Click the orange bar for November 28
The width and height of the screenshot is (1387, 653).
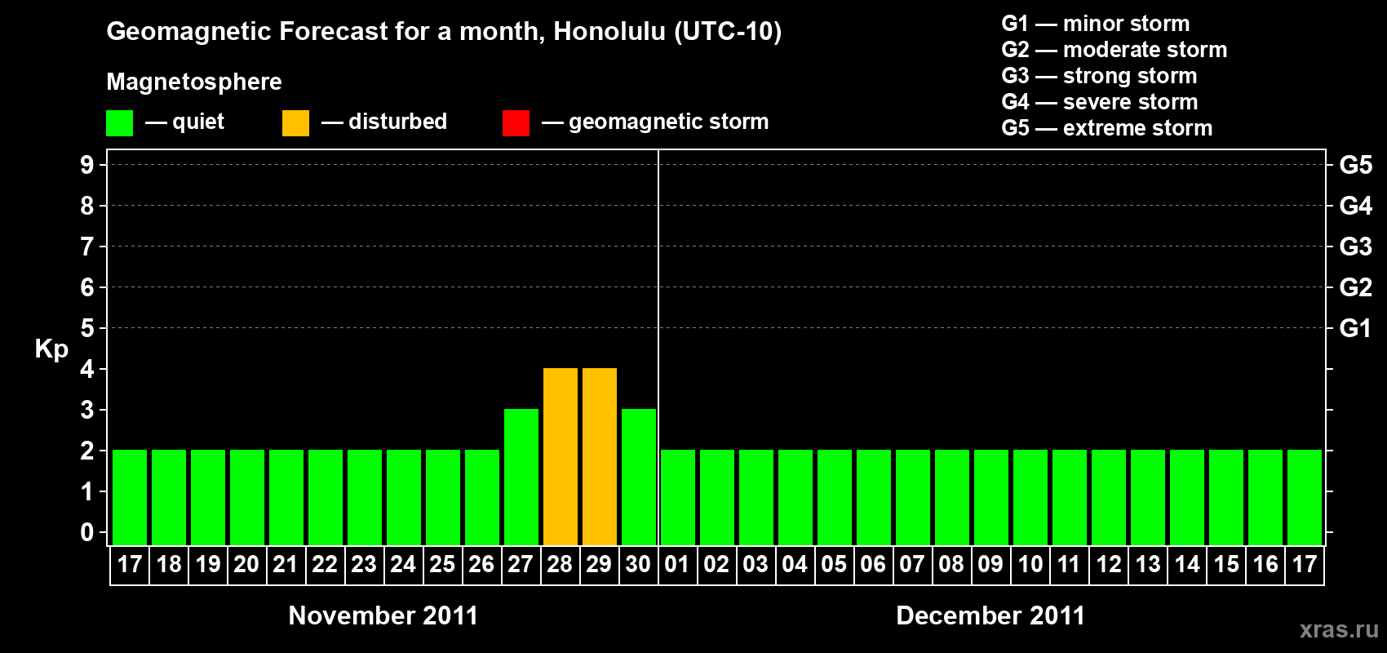point(561,456)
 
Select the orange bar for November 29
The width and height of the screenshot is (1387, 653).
point(600,456)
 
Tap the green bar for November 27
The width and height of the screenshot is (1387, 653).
point(521,477)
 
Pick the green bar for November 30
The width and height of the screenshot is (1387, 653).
point(638,477)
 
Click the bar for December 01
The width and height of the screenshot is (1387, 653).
point(678,497)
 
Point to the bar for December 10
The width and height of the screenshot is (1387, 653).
point(1030,497)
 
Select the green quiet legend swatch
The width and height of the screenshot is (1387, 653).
point(119,122)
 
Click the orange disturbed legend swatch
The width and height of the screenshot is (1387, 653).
point(295,122)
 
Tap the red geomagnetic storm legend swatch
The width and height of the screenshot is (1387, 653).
point(516,122)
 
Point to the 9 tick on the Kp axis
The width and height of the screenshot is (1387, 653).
point(86,165)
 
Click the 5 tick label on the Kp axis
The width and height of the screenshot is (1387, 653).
point(86,328)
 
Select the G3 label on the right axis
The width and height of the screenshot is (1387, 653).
point(1355,247)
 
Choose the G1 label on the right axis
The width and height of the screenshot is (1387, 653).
point(1355,328)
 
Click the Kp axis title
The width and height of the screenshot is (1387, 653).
point(51,349)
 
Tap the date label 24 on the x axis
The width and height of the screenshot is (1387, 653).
point(403,564)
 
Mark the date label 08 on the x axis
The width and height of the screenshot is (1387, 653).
point(951,564)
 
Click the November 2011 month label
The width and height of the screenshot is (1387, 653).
point(383,615)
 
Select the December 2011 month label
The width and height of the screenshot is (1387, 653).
point(990,615)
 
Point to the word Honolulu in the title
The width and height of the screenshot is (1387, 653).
point(609,31)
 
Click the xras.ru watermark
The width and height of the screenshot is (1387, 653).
point(1340,629)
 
